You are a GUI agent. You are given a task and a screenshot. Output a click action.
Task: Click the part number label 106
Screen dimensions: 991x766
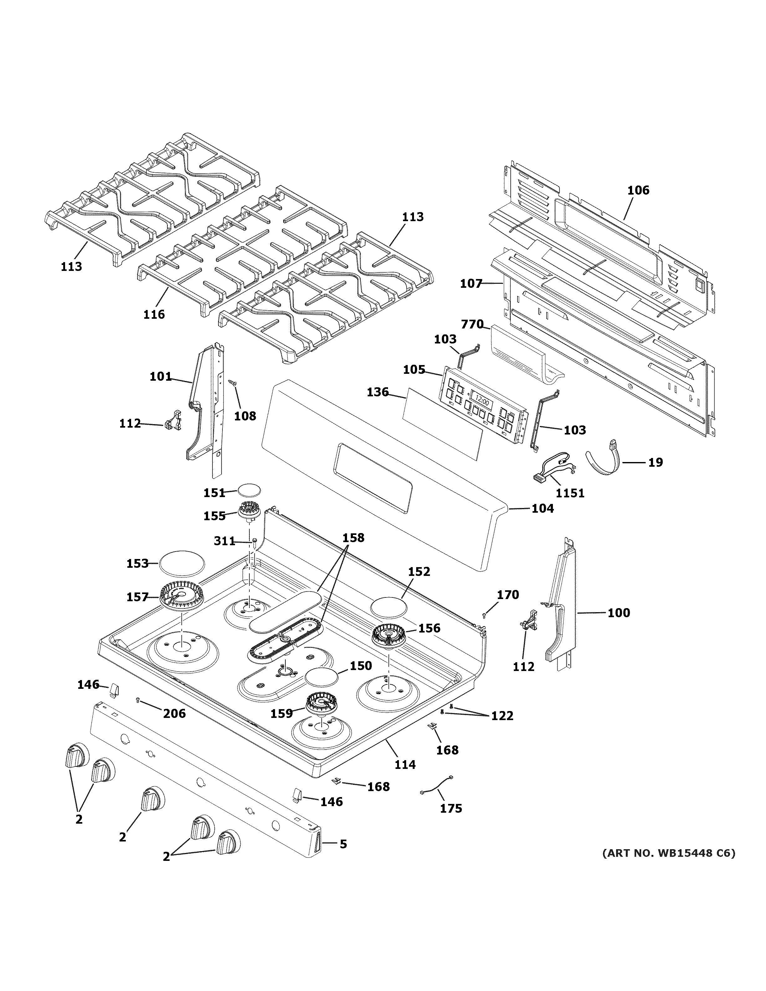click(638, 190)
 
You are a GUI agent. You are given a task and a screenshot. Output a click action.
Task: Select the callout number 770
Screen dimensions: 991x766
click(472, 324)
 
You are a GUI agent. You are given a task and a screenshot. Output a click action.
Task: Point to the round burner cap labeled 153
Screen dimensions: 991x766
click(181, 564)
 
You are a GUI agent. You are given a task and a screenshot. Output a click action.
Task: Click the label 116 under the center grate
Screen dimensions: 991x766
click(154, 314)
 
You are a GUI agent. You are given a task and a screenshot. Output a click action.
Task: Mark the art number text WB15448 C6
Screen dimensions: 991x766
click(668, 853)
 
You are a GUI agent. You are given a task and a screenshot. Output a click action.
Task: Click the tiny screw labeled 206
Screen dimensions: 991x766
click(138, 701)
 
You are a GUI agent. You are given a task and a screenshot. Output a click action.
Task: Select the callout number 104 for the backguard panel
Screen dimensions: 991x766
click(542, 508)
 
